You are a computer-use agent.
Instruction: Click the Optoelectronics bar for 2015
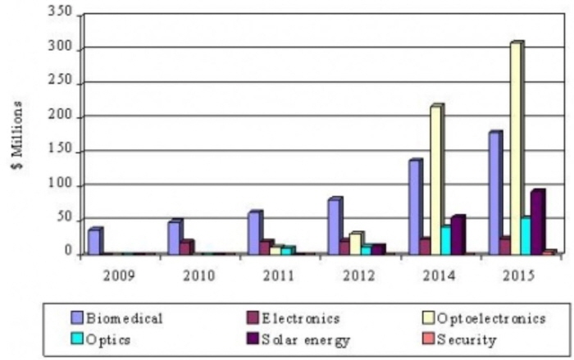[x=517, y=148]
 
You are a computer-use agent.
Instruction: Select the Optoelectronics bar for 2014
[x=437, y=179]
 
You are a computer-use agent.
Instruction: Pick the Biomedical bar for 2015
[x=495, y=193]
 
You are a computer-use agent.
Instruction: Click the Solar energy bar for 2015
[x=538, y=222]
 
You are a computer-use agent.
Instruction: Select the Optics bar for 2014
[x=447, y=239]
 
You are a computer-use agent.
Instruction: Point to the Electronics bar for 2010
[x=187, y=247]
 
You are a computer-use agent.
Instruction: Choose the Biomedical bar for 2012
[x=335, y=226]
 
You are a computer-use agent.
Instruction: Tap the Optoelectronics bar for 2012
[x=357, y=244]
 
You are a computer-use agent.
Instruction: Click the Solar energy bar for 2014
[x=458, y=235]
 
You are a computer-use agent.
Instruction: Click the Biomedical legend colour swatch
[x=77, y=317]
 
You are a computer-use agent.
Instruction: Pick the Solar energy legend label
[x=306, y=340]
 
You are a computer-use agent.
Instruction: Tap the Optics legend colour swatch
[x=77, y=339]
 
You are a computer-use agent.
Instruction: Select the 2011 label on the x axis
[x=279, y=276]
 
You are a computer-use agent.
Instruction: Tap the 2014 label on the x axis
[x=438, y=276]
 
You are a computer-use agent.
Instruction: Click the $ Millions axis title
[x=17, y=135]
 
